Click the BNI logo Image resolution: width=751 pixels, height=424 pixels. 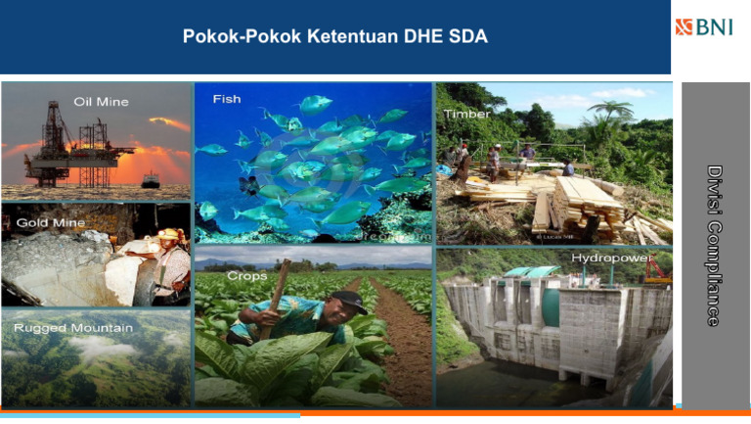pyautogui.click(x=703, y=25)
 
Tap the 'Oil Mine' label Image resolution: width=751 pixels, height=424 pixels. pyautogui.click(x=101, y=102)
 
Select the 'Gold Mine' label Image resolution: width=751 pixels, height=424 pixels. pyautogui.click(x=44, y=223)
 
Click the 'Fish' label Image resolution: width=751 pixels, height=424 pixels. pyautogui.click(x=227, y=99)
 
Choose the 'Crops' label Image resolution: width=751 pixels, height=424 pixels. pyautogui.click(x=246, y=277)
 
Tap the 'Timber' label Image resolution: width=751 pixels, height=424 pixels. pyautogui.click(x=467, y=114)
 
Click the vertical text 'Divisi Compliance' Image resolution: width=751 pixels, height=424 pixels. pyautogui.click(x=714, y=245)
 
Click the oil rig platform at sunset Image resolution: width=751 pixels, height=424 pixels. pyautogui.click(x=78, y=147)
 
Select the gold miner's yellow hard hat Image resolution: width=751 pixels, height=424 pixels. pyautogui.click(x=170, y=235)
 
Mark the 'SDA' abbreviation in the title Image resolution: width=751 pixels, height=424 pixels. pyautogui.click(x=466, y=37)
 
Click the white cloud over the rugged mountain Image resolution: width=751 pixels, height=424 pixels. pyautogui.click(x=98, y=348)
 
